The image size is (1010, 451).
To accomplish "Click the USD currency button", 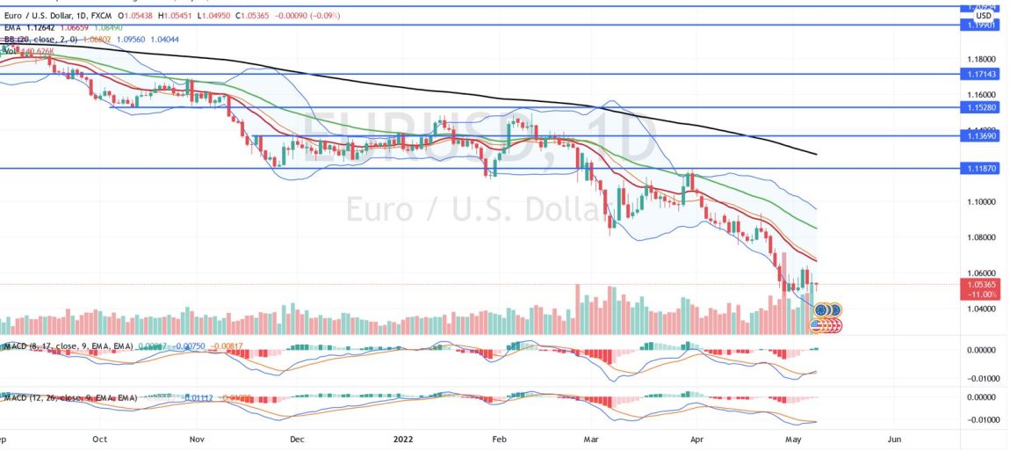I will point(984,15).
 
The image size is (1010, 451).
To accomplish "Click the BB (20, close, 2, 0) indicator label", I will point(39,40).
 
